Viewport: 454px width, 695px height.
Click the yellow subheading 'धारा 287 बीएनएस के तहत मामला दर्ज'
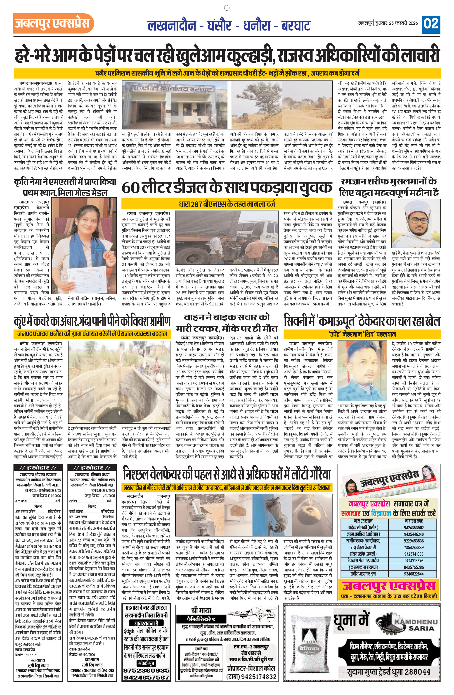click(x=227, y=204)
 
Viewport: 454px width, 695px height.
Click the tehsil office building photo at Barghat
click(x=176, y=105)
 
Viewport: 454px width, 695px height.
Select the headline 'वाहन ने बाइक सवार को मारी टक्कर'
click(x=227, y=323)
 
